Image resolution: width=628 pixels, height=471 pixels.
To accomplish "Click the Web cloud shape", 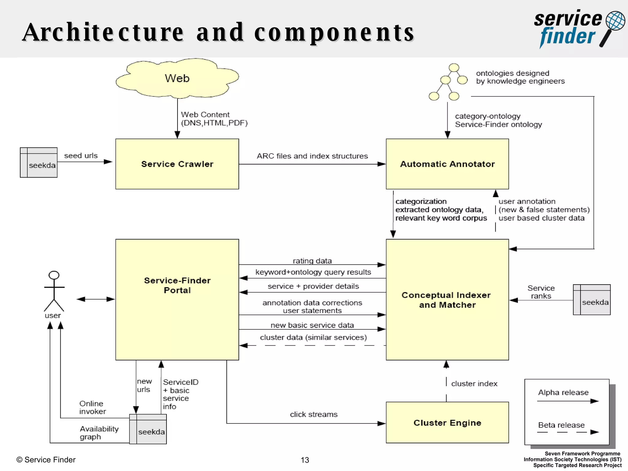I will point(177,78).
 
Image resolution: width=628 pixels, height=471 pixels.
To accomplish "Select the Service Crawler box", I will point(177,164).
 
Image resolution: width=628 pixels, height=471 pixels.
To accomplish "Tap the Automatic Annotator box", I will point(447,164).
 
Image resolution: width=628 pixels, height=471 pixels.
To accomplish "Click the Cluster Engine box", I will point(447,423).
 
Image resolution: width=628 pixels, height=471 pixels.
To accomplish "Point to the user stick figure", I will point(54,291).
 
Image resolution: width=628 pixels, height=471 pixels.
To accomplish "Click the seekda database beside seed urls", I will point(39,163).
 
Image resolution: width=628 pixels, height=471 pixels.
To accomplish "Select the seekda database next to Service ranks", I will point(592,300).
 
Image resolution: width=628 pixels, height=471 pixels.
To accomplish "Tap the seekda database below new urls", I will point(148,429).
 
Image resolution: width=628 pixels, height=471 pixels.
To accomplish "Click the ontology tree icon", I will point(448,82).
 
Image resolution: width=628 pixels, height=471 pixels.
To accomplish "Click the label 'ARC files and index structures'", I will point(312,156).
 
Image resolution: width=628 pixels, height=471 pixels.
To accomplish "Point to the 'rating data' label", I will point(312,261).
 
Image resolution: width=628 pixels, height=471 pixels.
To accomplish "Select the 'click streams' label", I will point(314,415).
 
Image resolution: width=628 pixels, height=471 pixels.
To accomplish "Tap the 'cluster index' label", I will point(474,384).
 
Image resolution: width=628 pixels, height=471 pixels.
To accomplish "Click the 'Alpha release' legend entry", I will point(563,392).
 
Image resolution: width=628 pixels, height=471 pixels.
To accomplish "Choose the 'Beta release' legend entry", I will point(561,425).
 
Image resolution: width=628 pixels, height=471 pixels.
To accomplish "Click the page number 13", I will point(305,460).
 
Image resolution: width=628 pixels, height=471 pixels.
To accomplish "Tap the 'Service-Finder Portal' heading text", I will point(177,285).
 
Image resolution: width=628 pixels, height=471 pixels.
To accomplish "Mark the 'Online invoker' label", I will point(92,408).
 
